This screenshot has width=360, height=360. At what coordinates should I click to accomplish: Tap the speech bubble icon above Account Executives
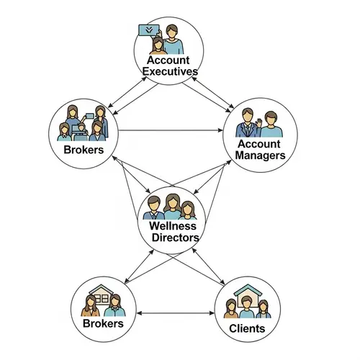tap(146, 31)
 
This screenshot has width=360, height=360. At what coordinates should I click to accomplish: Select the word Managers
tap(261, 155)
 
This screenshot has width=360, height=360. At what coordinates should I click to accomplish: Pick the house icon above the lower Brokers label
tap(103, 296)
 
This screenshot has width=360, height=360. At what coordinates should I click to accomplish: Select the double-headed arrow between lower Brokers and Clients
tap(175, 313)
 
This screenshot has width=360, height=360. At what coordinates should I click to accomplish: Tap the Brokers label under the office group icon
tap(79, 149)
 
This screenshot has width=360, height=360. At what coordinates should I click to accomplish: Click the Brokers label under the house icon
tap(103, 323)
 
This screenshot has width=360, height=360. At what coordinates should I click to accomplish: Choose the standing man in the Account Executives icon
tap(173, 37)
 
